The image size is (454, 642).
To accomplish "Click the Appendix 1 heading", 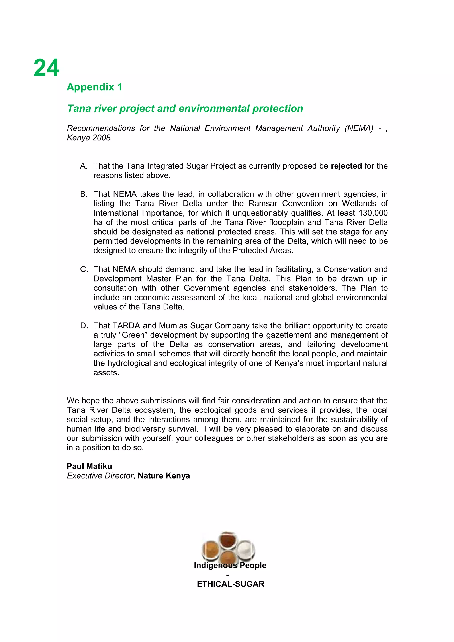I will click(x=94, y=87).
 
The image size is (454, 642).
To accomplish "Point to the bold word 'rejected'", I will click(x=346, y=166).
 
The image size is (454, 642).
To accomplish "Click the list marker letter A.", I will click(x=83, y=166).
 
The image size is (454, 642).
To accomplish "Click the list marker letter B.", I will click(x=83, y=194).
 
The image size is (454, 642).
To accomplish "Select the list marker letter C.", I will click(x=83, y=269).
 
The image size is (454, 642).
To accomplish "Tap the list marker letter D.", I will click(x=83, y=326).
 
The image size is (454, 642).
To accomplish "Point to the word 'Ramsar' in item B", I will click(x=263, y=204).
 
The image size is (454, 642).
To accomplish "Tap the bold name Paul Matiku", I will click(x=89, y=466).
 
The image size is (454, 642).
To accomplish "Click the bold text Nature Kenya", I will click(x=164, y=476).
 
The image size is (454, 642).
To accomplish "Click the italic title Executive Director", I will click(x=100, y=476).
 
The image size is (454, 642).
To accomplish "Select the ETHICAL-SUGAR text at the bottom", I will click(x=231, y=584).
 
